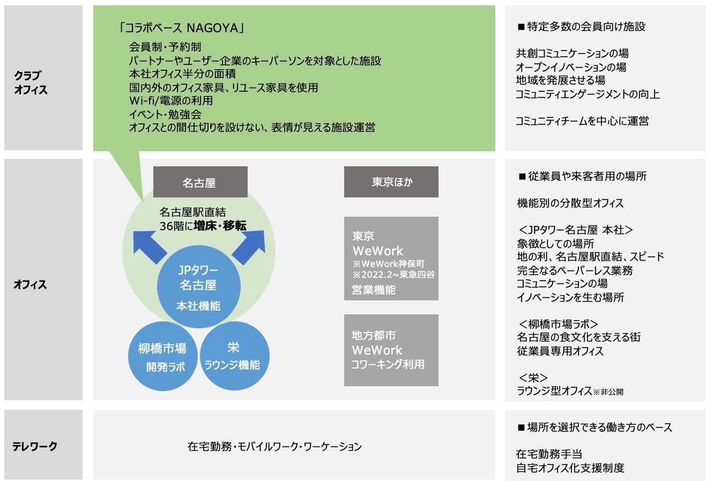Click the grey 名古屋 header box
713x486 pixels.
[x=200, y=182]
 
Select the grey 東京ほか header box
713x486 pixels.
[x=391, y=182]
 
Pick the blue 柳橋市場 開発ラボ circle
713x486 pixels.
[x=162, y=357]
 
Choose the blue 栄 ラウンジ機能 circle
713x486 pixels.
[x=233, y=356]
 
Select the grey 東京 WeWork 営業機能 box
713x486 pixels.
[x=391, y=259]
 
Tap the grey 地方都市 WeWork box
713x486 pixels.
[x=391, y=350]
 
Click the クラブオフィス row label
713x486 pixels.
[x=31, y=83]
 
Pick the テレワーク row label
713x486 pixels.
[x=35, y=446]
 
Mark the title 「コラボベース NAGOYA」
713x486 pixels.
[x=182, y=28]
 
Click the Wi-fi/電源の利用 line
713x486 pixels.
[x=170, y=101]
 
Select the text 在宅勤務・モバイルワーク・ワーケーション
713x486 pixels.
[x=274, y=446]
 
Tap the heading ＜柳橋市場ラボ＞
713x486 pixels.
[x=558, y=324]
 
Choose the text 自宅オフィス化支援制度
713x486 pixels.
[x=570, y=468]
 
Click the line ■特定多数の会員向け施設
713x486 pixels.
[x=581, y=26]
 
